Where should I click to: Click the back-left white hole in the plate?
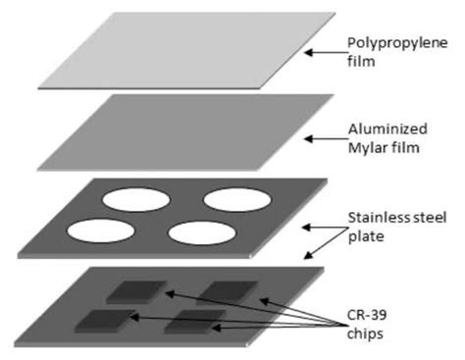pyautogui.click(x=137, y=199)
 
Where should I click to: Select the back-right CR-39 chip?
pyautogui.click(x=225, y=291)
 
